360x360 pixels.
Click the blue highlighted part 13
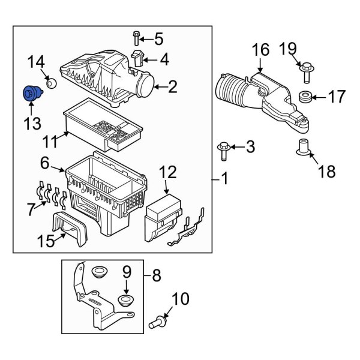pos(29,95)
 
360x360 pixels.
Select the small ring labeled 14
pos(51,83)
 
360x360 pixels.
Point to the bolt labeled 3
pos(223,149)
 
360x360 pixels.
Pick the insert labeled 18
pos(304,146)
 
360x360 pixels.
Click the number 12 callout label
pos(167,173)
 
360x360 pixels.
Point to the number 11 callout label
pos(50,142)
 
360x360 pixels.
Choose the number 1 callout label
pos(224,178)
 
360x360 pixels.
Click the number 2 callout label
pos(172,88)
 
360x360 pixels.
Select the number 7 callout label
pos(29,210)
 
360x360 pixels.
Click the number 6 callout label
pos(45,163)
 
